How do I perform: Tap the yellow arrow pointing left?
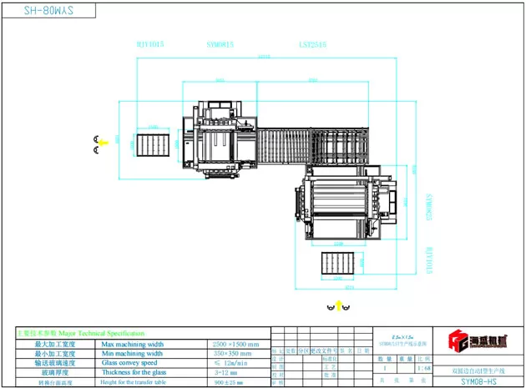coord(103,143)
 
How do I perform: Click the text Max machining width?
coord(131,344)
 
